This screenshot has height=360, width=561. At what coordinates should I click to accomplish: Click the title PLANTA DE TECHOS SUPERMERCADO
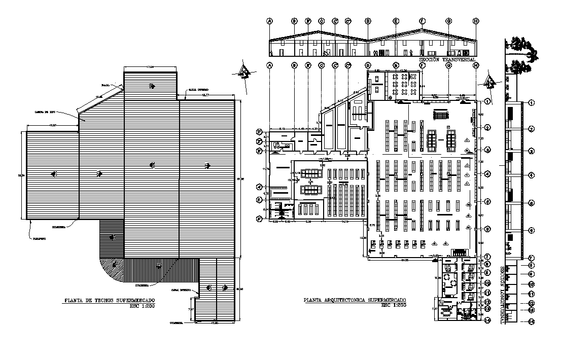(109, 301)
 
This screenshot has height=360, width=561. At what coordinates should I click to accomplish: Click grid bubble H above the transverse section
(476, 21)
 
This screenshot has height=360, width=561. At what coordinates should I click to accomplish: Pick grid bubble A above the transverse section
(270, 21)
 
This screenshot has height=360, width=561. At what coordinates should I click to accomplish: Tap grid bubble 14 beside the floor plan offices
(487, 320)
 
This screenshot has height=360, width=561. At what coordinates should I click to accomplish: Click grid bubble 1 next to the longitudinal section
(531, 103)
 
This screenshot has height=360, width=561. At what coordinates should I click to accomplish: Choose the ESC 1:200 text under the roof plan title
(142, 306)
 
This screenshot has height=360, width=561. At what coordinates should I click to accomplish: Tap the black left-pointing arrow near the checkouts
(372, 250)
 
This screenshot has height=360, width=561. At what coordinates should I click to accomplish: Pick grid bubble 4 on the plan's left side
(259, 186)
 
